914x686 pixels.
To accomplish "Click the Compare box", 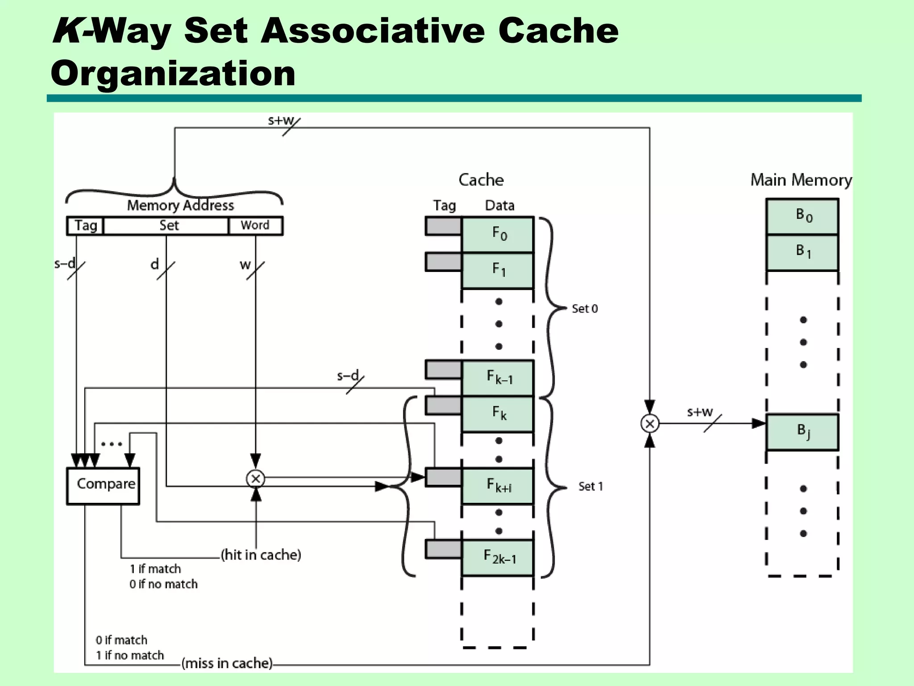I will coord(103,486).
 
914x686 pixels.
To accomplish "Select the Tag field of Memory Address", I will coord(85,226).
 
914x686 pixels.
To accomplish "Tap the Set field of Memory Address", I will coord(166,226).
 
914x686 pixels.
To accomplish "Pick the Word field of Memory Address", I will coord(255,226).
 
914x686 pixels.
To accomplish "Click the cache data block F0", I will coord(498,234).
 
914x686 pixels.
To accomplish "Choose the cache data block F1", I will coord(498,270).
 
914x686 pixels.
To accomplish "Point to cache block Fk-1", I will coord(498,378).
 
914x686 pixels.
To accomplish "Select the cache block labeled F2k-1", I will coord(498,558).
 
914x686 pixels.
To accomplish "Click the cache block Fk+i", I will coord(498,486).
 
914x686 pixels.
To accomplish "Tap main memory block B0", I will coord(802,216).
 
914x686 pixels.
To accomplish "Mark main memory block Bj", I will coord(802,432).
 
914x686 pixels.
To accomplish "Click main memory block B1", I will coord(802,252).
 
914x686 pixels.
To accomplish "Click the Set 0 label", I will coord(585,309).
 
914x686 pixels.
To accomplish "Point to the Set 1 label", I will coord(590,486).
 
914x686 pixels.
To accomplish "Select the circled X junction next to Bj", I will coord(650,423).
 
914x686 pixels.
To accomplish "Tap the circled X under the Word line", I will coord(256,479).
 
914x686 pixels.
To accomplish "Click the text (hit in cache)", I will coord(261,555).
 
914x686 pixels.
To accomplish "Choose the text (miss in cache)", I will coord(227,663).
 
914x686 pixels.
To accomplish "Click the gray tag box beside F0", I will coord(443,226).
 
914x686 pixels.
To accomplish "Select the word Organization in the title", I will coord(173,73).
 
